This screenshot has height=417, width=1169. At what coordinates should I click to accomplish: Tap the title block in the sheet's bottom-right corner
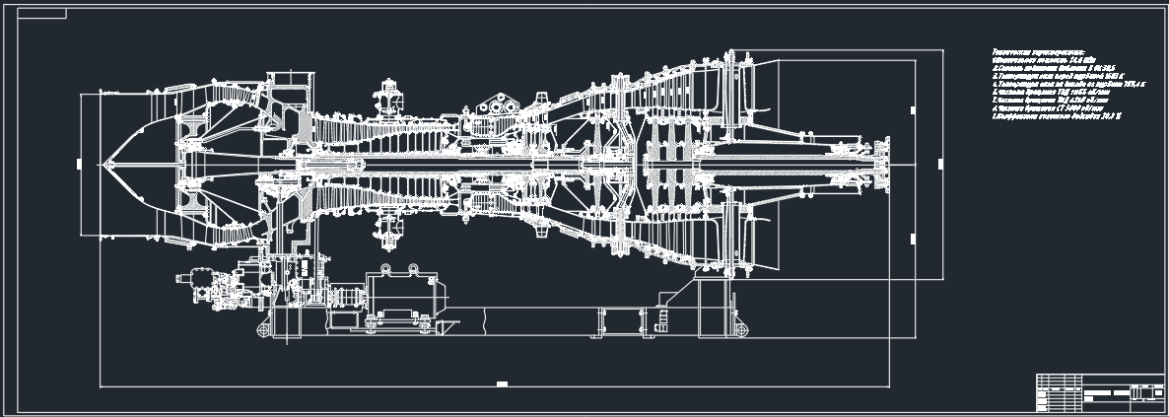coord(1099,393)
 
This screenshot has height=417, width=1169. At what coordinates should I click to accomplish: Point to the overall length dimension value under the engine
coord(501,382)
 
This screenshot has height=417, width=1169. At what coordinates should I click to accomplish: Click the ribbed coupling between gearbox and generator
coord(346,296)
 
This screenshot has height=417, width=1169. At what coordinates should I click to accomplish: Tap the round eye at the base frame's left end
coord(264,326)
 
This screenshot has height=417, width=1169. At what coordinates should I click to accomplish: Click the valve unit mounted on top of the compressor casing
coord(386,102)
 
